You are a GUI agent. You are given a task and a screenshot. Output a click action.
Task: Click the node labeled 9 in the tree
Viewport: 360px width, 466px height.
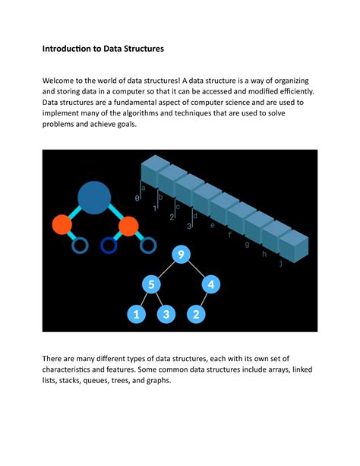click(x=182, y=255)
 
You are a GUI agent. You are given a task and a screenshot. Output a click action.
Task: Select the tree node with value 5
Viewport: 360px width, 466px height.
click(x=151, y=284)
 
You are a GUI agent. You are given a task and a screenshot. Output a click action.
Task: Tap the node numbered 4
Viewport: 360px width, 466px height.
click(x=212, y=284)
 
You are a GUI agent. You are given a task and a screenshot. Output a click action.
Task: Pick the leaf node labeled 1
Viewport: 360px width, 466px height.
click(x=136, y=313)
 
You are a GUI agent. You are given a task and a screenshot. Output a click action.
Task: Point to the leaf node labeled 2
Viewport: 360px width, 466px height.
click(x=196, y=313)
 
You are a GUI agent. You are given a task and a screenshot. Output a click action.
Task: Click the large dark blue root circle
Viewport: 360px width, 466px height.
click(x=95, y=197)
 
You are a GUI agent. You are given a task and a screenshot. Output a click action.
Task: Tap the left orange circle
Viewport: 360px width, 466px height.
click(x=62, y=225)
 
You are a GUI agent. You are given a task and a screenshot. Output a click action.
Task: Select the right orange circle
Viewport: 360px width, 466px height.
click(x=128, y=225)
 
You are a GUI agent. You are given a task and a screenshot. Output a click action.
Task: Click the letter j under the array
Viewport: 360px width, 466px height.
click(x=281, y=263)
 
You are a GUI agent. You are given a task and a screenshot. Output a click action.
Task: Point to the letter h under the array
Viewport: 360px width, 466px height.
click(x=264, y=254)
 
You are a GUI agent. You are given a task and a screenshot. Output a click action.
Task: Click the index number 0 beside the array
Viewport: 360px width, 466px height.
click(x=137, y=198)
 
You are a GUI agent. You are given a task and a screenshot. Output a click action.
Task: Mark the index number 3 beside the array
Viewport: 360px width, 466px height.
click(x=189, y=226)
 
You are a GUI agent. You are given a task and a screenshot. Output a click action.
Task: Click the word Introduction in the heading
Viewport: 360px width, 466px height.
click(x=71, y=49)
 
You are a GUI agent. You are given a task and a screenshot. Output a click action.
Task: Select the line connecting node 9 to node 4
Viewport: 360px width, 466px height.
click(x=197, y=270)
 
